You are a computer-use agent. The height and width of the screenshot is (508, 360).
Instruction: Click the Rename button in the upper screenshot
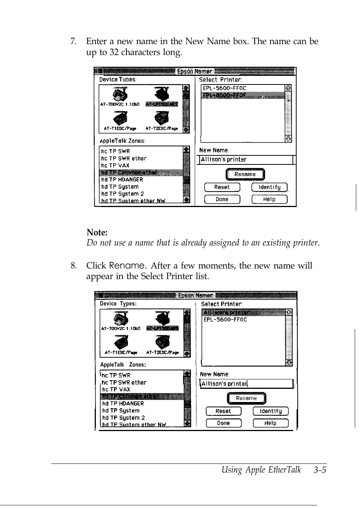click(x=245, y=174)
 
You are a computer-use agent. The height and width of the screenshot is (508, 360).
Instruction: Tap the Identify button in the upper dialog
click(x=269, y=187)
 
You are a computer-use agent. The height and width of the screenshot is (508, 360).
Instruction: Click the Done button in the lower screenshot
click(x=223, y=423)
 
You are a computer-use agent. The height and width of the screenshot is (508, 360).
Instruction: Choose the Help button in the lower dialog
click(x=270, y=423)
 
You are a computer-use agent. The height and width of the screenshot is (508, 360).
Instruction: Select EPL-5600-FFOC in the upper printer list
click(x=225, y=88)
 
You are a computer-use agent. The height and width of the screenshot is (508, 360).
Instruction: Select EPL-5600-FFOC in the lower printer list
click(x=225, y=319)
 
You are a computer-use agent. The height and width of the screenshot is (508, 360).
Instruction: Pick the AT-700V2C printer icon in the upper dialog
click(x=120, y=95)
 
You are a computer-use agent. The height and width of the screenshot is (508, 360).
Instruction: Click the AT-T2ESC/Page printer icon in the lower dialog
click(x=162, y=342)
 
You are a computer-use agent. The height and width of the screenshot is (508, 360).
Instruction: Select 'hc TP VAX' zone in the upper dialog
click(x=115, y=166)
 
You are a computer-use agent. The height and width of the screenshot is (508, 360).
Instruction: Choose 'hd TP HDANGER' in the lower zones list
click(x=123, y=404)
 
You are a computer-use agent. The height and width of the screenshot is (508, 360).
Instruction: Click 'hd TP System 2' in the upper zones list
click(x=123, y=194)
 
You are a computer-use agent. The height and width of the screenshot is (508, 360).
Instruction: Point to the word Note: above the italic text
click(x=97, y=232)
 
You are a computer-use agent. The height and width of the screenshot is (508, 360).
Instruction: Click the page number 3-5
click(x=319, y=470)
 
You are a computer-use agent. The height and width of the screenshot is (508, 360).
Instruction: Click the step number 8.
click(x=74, y=266)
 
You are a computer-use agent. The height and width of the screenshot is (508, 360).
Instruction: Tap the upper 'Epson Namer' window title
click(x=194, y=71)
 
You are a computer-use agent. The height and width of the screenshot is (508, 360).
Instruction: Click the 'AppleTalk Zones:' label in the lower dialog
click(x=123, y=365)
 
